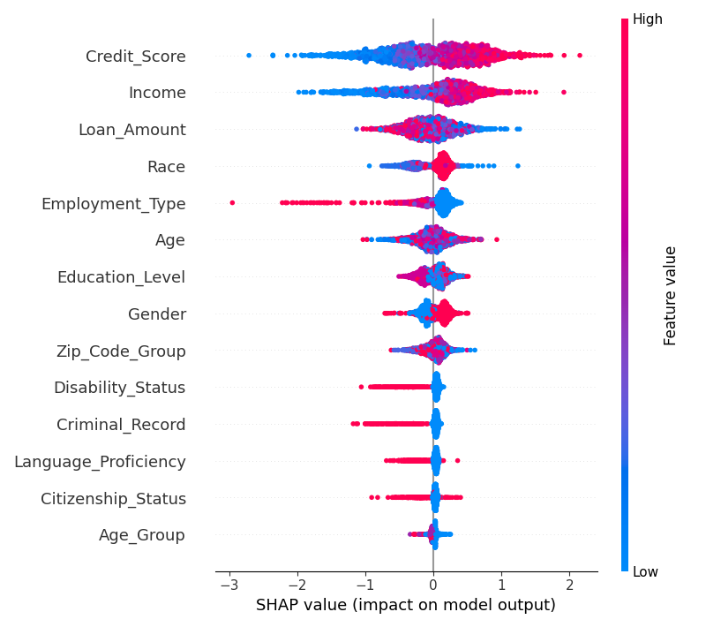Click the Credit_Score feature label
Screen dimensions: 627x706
135,57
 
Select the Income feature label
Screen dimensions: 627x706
157,93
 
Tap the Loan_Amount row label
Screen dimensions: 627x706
131,130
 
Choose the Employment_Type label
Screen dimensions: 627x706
113,204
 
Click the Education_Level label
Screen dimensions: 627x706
121,277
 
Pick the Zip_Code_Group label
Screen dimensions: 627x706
122,351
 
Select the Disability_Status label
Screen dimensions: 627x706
119,388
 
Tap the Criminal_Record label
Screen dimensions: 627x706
121,425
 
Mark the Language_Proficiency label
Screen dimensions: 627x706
100,462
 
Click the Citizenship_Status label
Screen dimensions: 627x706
113,499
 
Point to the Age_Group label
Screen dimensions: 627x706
141,535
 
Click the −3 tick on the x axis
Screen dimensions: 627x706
229,585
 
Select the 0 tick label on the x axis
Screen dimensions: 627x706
433,585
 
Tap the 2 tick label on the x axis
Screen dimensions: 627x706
569,585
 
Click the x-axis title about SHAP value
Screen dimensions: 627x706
405,606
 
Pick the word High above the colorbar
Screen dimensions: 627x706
647,19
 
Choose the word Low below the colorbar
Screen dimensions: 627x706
645,572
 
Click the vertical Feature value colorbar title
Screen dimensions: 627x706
671,295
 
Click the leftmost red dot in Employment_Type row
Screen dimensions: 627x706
232,203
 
